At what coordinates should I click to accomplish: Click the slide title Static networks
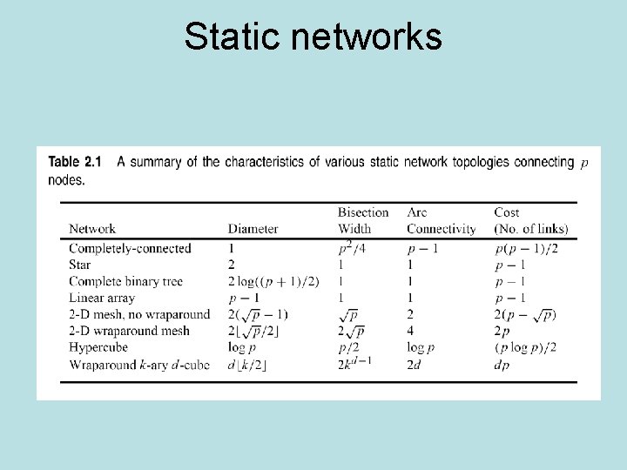click(313, 37)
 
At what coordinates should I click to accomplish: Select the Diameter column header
click(253, 229)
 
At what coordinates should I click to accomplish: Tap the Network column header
click(92, 229)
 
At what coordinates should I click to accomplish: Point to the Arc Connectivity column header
click(441, 221)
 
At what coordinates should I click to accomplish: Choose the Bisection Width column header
click(362, 221)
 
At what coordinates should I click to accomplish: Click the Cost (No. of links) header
click(530, 221)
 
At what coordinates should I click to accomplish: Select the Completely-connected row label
click(130, 248)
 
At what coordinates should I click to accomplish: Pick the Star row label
click(80, 265)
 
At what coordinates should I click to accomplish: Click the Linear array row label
click(102, 298)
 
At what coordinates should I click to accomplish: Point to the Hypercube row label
click(98, 347)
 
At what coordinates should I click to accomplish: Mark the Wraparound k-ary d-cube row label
click(139, 364)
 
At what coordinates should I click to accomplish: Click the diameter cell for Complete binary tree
click(273, 281)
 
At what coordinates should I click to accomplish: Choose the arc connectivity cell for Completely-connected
click(423, 248)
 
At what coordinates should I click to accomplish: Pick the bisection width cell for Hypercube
click(347, 347)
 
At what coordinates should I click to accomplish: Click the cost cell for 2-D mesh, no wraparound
click(525, 314)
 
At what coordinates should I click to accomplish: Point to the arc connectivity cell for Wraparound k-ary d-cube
click(415, 364)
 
